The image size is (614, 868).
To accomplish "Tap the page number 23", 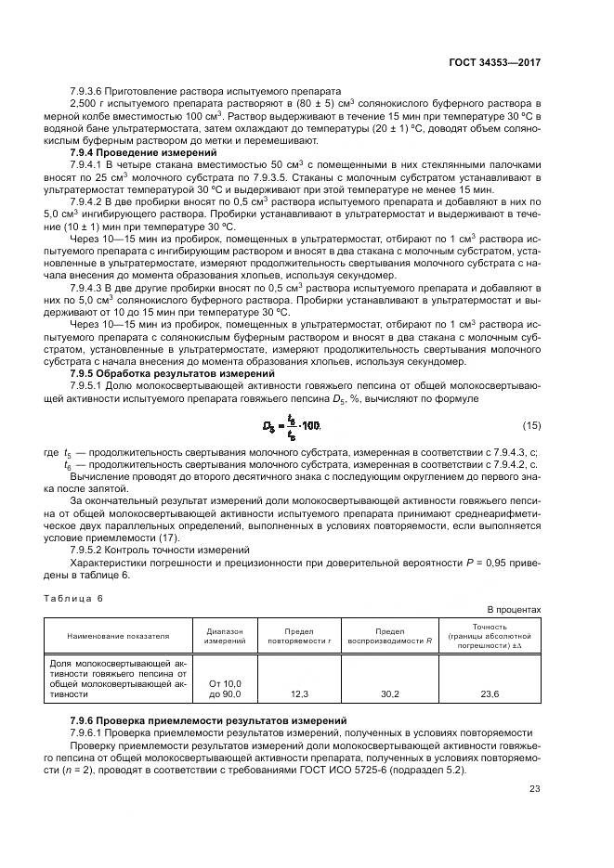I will coord(534,790).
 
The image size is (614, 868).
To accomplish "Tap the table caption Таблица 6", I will coord(73,598).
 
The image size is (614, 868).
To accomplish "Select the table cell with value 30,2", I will coord(390,693).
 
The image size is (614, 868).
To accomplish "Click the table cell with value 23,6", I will coord(489,693).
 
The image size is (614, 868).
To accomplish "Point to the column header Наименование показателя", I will coord(117,636).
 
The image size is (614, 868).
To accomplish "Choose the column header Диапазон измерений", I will coord(225,636).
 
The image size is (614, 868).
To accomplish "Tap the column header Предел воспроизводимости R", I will coord(390,636).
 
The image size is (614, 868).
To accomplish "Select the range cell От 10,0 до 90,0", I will coord(225,688).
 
